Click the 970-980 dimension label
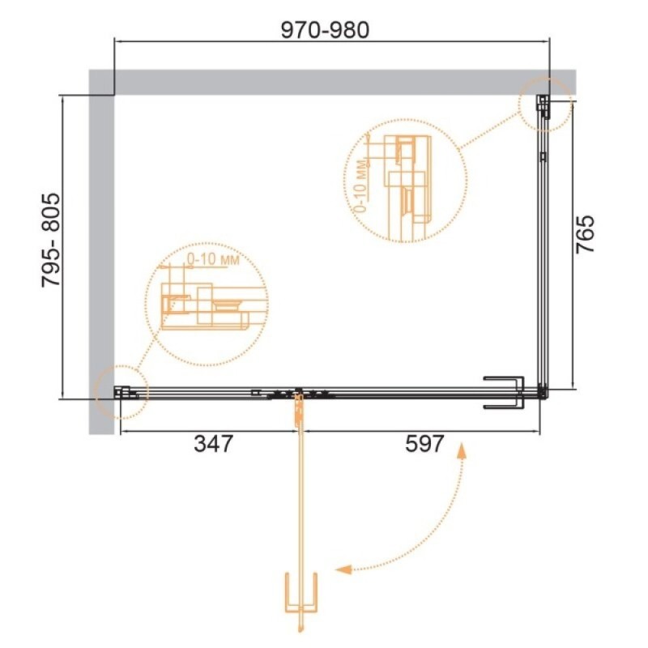point(325,30)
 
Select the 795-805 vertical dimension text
point(51,240)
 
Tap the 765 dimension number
point(585,234)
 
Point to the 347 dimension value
point(214,444)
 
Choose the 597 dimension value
point(424,444)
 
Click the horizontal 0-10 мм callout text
point(213,259)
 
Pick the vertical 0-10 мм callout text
point(360,186)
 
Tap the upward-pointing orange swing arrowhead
point(461,451)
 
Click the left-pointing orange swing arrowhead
point(343,569)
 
